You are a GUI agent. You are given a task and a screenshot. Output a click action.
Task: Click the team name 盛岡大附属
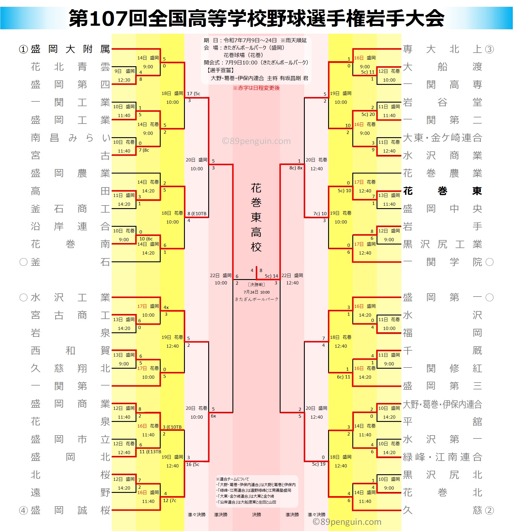click(x=70, y=49)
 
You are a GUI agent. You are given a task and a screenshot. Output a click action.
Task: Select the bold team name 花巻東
click(x=442, y=191)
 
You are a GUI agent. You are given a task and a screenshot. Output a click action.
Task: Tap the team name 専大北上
click(x=442, y=49)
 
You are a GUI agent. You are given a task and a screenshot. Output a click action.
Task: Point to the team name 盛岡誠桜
click(x=70, y=510)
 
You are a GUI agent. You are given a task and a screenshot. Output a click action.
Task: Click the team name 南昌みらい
click(x=70, y=138)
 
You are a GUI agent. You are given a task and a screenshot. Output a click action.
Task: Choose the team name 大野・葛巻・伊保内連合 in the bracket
click(x=442, y=404)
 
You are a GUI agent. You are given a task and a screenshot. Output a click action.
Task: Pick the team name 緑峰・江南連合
click(x=442, y=457)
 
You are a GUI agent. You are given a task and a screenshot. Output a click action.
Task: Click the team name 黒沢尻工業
click(x=442, y=244)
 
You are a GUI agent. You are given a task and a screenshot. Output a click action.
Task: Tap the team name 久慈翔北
click(x=70, y=368)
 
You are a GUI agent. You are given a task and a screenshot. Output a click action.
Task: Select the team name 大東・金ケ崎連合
click(x=442, y=138)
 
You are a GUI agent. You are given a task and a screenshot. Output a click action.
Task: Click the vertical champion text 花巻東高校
click(x=256, y=217)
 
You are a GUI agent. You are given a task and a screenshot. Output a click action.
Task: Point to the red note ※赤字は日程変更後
click(x=256, y=88)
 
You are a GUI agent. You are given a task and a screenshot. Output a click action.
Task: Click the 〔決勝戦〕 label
click(x=256, y=285)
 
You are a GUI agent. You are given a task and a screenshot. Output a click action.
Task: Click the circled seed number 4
click(x=23, y=511)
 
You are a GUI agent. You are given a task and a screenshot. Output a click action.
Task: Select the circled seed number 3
click(x=489, y=49)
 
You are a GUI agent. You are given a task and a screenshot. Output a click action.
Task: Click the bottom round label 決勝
click(x=256, y=515)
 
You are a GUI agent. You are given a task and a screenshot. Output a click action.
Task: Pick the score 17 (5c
click(x=194, y=94)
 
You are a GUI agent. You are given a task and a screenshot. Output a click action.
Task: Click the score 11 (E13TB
click(x=150, y=452)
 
